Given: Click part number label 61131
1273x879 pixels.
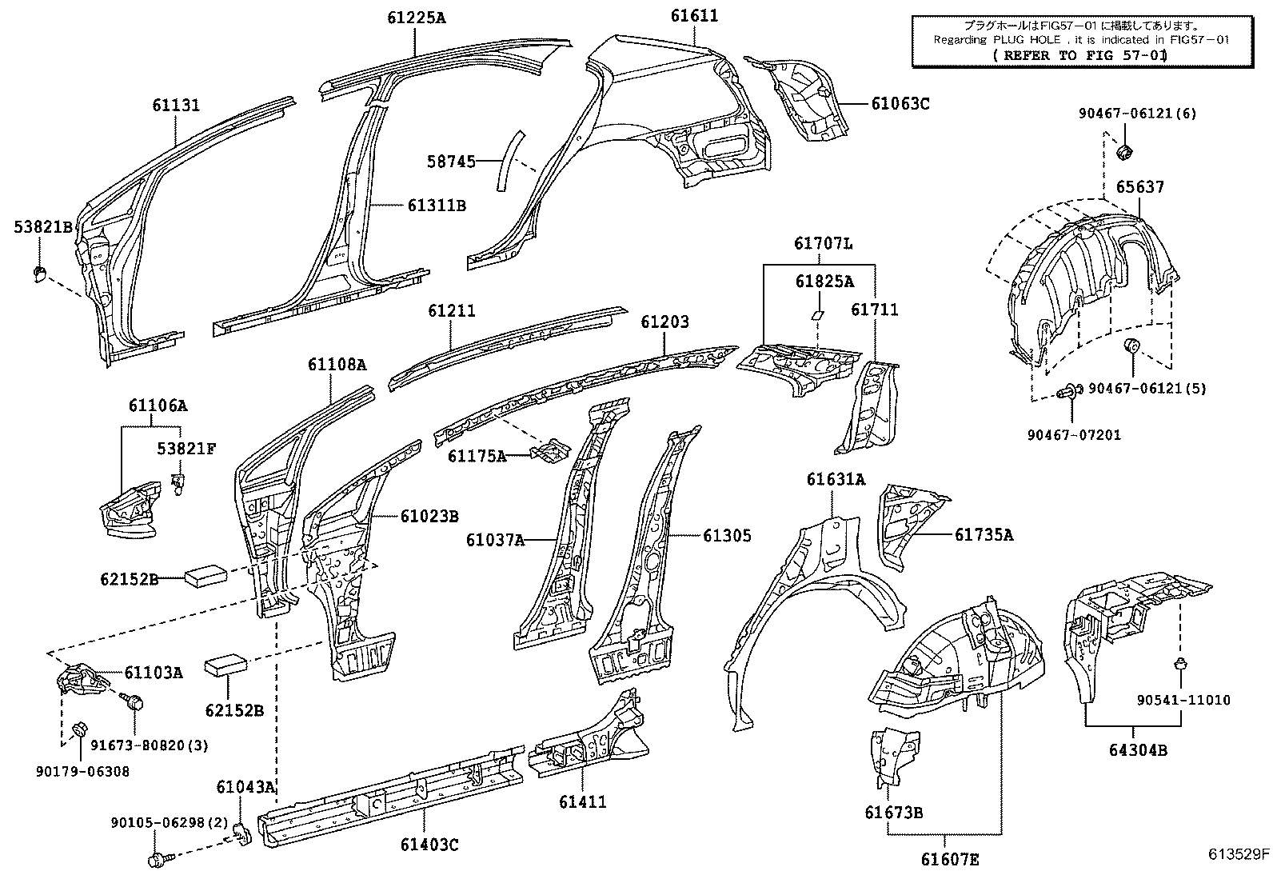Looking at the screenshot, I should point(176,105).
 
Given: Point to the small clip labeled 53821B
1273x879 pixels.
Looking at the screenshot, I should point(38,274).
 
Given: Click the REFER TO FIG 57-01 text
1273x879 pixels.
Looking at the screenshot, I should point(1079,55).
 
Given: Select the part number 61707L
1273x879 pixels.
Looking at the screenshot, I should point(823,243).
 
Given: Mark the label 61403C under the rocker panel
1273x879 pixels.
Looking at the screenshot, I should point(429,845).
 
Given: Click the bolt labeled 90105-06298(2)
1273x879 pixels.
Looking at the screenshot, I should point(156,860).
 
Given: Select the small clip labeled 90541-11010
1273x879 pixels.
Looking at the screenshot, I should point(1179,663).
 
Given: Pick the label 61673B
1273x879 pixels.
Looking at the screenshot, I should point(893,813).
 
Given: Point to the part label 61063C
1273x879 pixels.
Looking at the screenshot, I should point(900,103).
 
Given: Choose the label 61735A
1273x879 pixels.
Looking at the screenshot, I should point(983,534).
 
